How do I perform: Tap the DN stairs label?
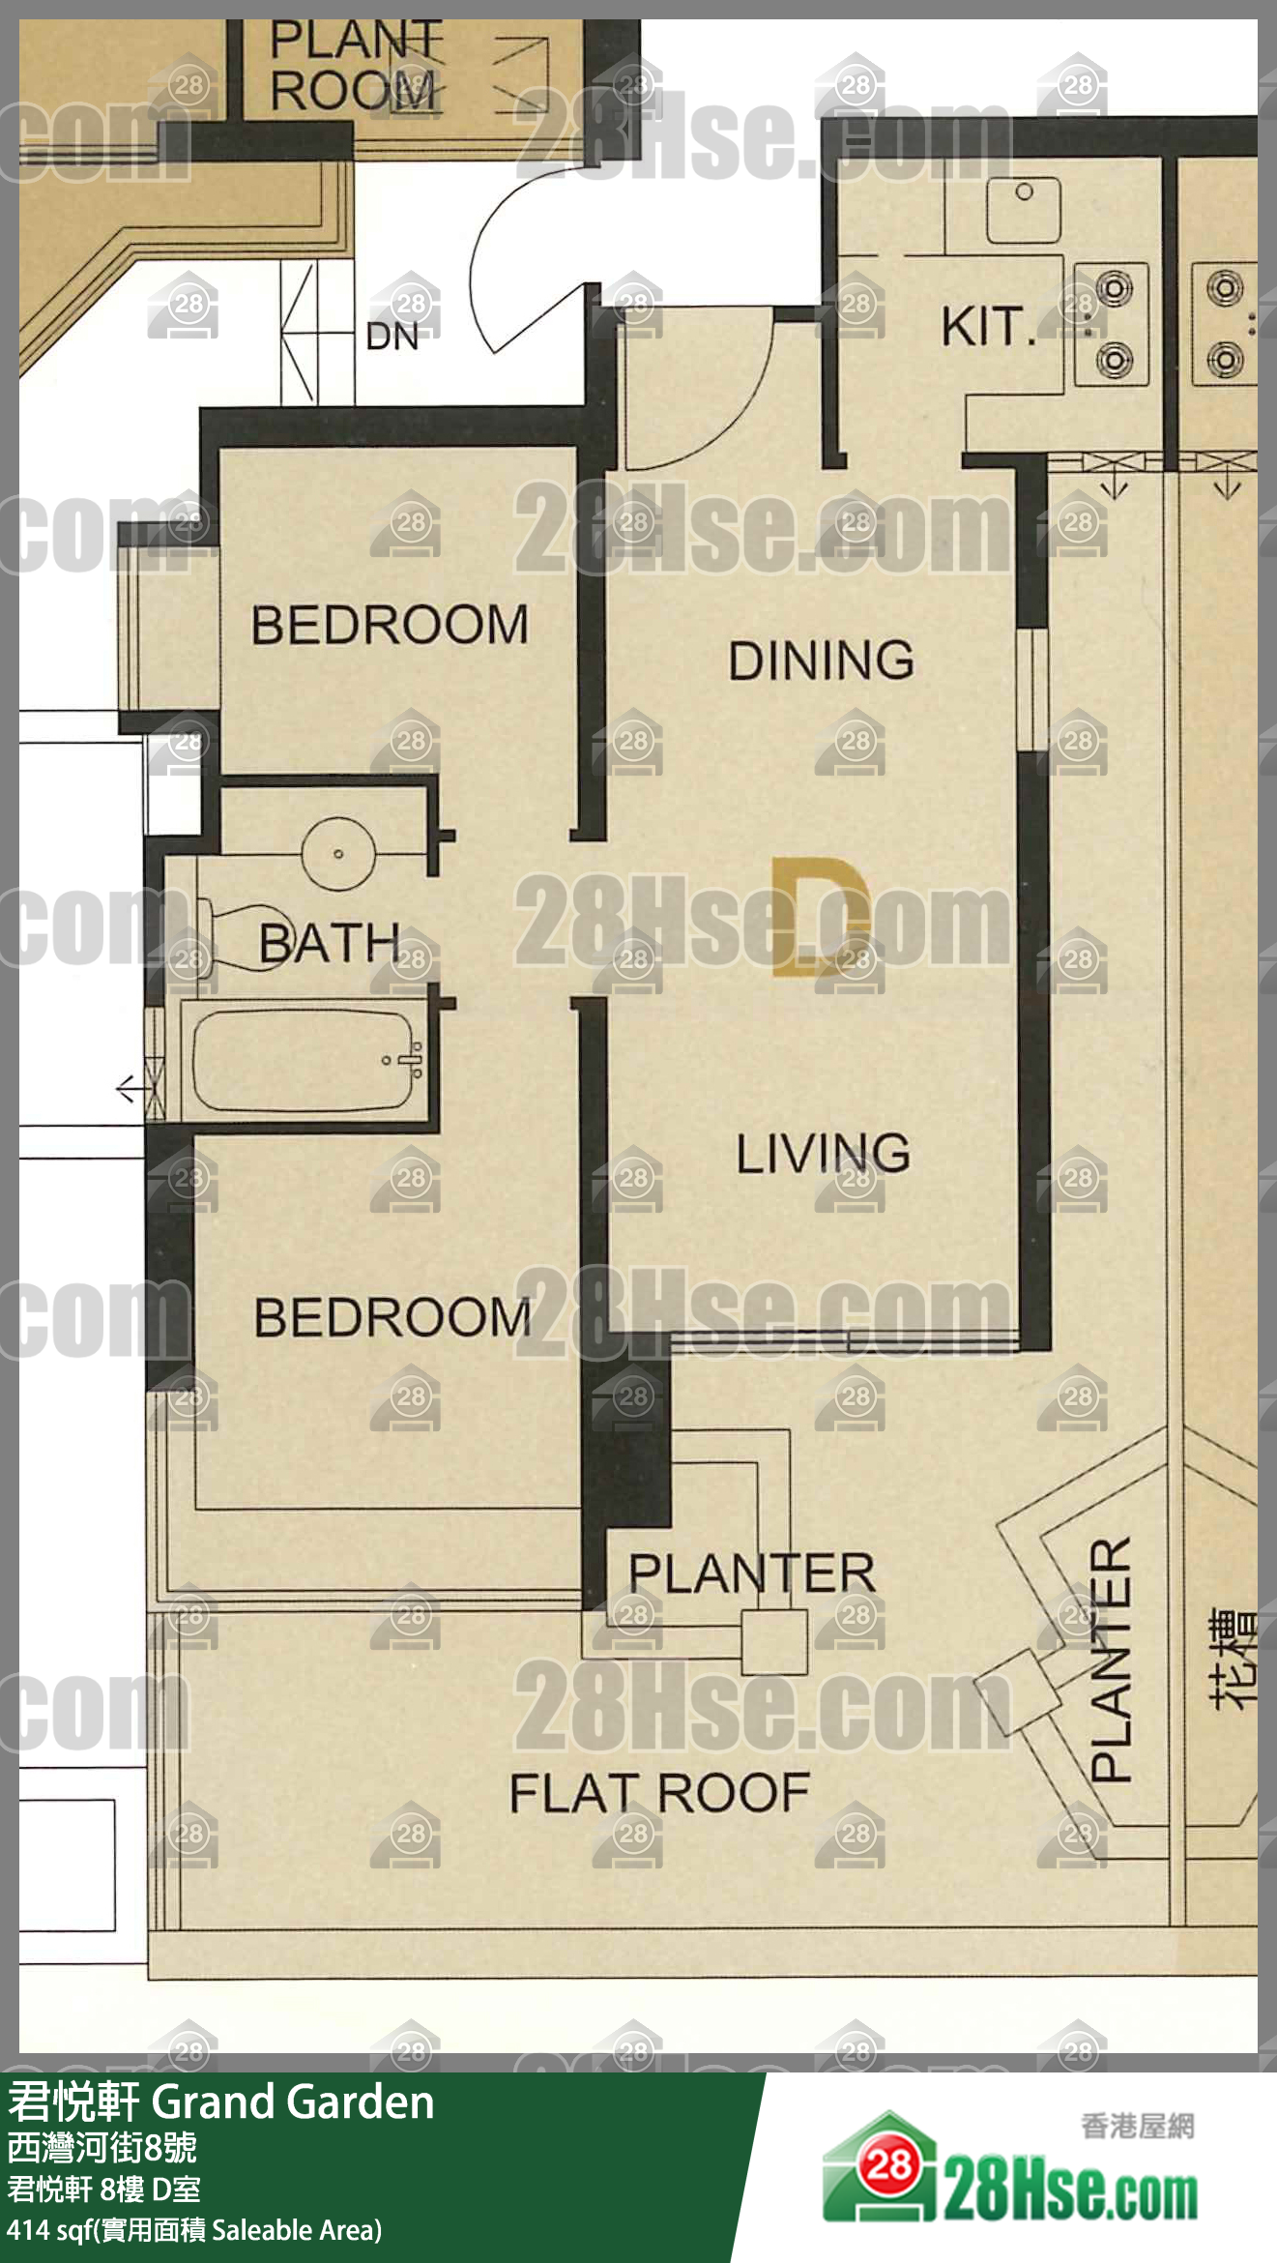pos(392,337)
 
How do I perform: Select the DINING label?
pos(822,661)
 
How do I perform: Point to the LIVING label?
pos(824,1153)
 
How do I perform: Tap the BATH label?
pos(330,942)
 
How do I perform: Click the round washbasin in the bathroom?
pos(338,853)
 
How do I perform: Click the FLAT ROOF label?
pos(659,1793)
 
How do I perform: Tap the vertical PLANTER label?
pos(1111,1659)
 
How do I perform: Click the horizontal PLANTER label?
pos(752,1572)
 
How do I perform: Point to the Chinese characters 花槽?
pos(1234,1660)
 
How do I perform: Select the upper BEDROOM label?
pos(390,625)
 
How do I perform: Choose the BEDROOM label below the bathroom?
pos(392,1317)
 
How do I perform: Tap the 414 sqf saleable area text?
pos(194,2230)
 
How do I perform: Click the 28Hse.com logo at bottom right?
pos(1009,2171)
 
